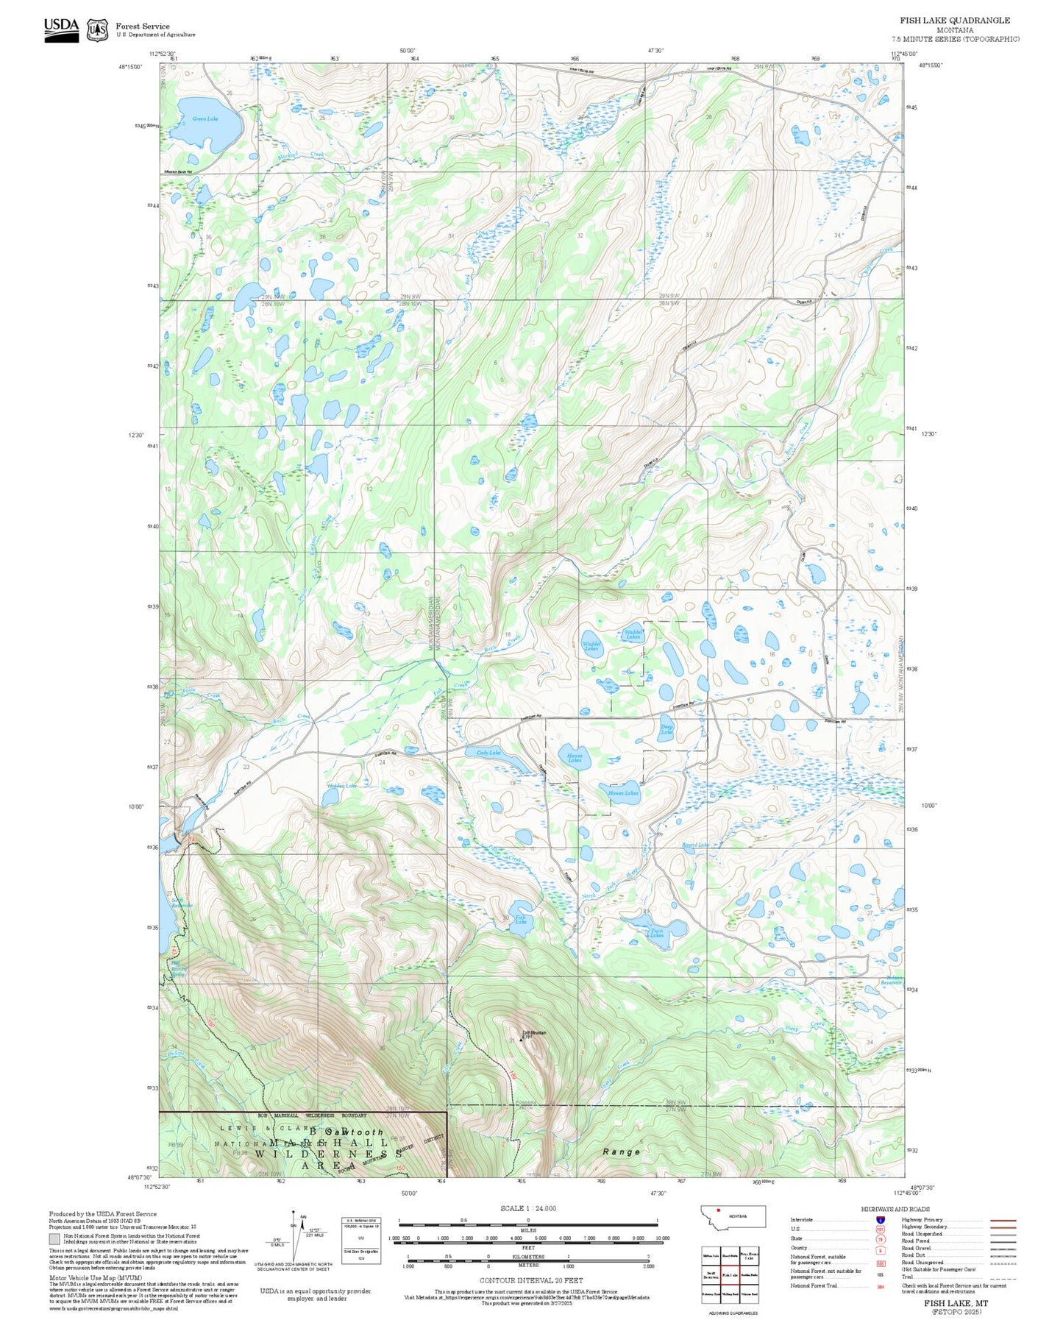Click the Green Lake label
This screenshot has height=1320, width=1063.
[x=205, y=118]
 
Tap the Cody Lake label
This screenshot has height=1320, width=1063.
[x=488, y=753]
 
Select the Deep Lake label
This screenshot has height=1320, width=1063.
[x=666, y=729]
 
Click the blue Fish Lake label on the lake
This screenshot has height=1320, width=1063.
[x=520, y=919]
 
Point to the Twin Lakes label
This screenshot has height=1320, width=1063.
[x=656, y=933]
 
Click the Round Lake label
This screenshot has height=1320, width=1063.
[x=695, y=845]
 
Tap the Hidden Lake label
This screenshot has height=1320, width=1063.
[x=342, y=786]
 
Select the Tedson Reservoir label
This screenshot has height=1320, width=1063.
[x=892, y=982]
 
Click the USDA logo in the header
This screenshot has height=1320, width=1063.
[x=61, y=27]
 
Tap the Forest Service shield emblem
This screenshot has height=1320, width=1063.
[x=97, y=29]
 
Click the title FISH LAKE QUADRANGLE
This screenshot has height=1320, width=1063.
[x=954, y=21]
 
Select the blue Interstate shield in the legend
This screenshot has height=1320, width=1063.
[x=881, y=1220]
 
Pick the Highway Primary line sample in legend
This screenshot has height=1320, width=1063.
[x=1003, y=1220]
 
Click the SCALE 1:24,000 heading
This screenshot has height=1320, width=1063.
[x=527, y=1208]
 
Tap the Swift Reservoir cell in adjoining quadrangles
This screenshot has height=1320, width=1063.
[x=711, y=1274]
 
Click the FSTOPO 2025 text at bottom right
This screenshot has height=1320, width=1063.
[x=956, y=1311]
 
